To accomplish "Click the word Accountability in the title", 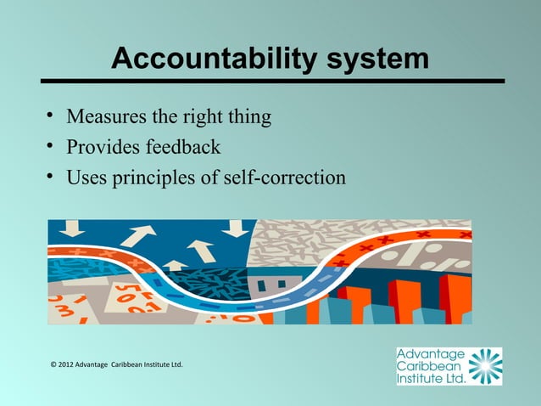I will pyautogui.click(x=215, y=59).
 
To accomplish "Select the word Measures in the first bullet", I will pyautogui.click(x=106, y=116).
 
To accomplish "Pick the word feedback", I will pyautogui.click(x=183, y=147).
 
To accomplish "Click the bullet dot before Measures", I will pyautogui.click(x=52, y=115).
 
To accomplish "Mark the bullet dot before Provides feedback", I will pyautogui.click(x=52, y=146).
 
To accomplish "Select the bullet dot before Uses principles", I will pyautogui.click(x=52, y=178).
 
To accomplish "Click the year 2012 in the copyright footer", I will pyautogui.click(x=68, y=365).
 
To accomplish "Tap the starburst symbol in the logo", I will pyautogui.click(x=485, y=366).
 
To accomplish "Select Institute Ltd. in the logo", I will pyautogui.click(x=431, y=379).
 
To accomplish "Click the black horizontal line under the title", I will pyautogui.click(x=270, y=82).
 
